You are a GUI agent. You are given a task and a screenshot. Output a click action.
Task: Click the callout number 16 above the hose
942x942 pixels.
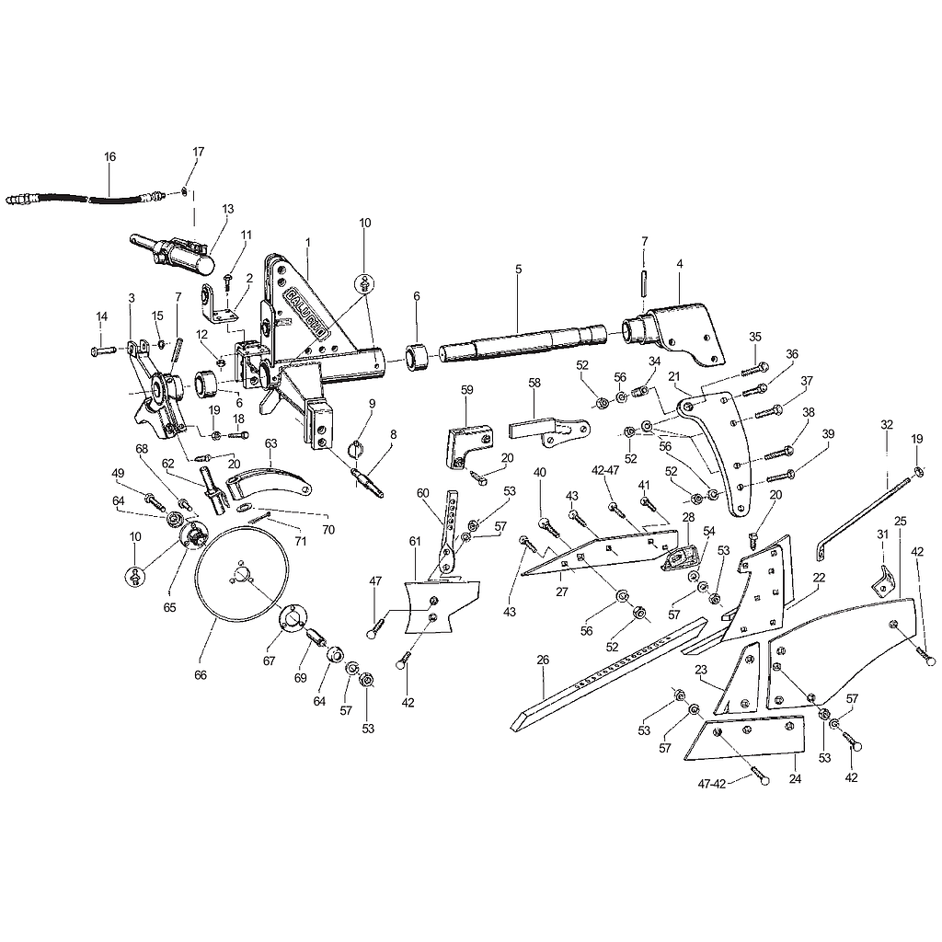coord(110,156)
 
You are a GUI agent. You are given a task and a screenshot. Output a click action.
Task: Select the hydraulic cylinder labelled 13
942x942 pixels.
coord(172,255)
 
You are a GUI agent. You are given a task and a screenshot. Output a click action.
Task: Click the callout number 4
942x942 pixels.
coord(680,264)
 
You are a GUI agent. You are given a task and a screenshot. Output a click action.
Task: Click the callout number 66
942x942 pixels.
coord(201,675)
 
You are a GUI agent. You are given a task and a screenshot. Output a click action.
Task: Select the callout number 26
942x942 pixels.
coord(543,660)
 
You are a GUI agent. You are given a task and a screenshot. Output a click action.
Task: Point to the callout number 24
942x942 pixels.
coord(795,778)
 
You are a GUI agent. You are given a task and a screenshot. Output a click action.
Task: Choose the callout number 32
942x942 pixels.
coord(887,424)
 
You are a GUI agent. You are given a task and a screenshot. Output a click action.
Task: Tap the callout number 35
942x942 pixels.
coord(755,337)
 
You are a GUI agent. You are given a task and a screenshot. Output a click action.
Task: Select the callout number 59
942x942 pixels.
coord(467,389)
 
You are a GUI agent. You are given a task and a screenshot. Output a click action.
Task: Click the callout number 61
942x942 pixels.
coord(415,541)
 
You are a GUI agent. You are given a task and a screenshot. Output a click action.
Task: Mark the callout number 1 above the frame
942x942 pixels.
coord(308,242)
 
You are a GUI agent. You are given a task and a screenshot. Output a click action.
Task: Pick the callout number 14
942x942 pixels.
coord(101,316)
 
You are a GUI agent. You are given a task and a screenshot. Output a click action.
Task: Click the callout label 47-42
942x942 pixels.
coord(712,784)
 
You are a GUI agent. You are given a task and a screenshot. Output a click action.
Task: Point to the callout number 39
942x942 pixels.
coord(829,434)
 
